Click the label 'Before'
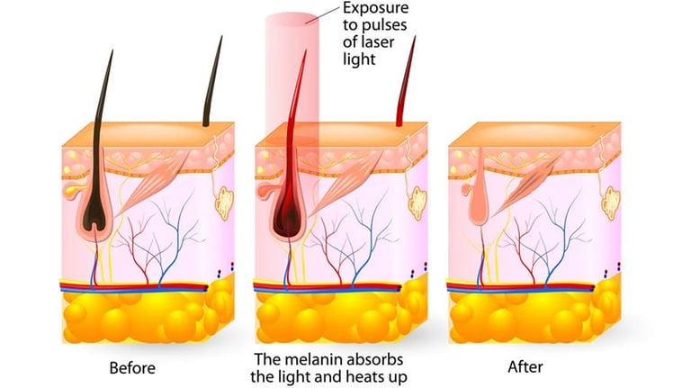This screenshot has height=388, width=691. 132,367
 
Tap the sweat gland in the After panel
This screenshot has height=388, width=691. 611,203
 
